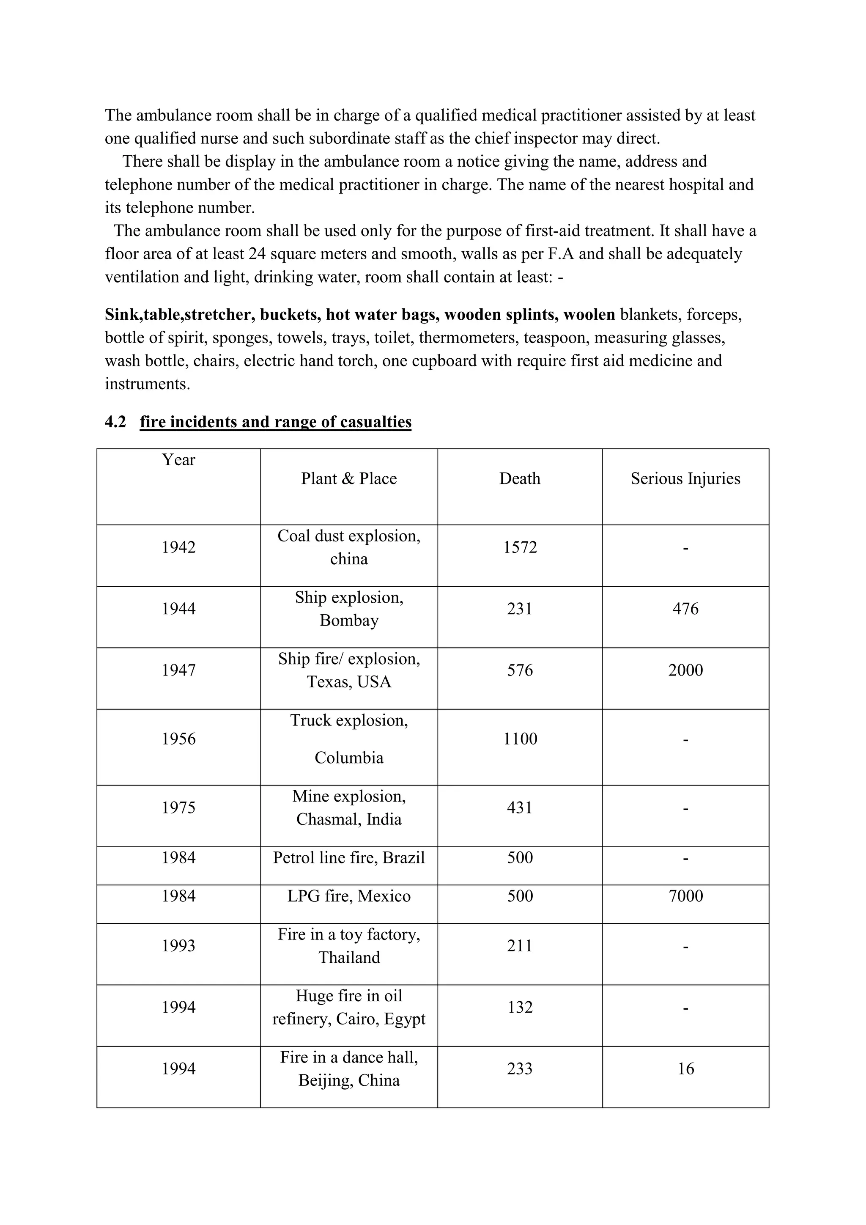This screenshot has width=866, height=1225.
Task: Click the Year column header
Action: click(x=178, y=460)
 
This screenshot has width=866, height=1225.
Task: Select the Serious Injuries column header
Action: click(x=685, y=478)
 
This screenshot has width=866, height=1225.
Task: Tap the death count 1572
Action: click(x=520, y=547)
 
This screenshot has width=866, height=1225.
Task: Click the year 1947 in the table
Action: click(x=178, y=670)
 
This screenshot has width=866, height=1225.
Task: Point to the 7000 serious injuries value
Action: click(x=685, y=896)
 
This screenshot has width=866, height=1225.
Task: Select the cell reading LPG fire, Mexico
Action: click(x=349, y=896)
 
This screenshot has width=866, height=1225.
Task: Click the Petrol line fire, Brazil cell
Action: click(x=349, y=857)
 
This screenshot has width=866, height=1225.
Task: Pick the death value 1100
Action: click(x=520, y=739)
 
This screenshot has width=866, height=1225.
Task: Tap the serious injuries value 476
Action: click(x=685, y=609)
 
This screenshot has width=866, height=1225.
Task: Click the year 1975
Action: click(x=178, y=808)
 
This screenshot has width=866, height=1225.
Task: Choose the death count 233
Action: click(x=520, y=1068)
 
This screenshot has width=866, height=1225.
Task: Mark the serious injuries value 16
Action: click(x=685, y=1068)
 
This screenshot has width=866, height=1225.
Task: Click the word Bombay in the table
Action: click(x=349, y=621)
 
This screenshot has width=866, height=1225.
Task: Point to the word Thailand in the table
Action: click(x=349, y=958)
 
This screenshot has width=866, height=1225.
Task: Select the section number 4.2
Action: click(x=115, y=422)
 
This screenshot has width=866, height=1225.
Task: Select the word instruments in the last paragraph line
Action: click(x=147, y=384)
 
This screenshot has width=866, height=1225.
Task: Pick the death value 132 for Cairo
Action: click(x=520, y=1007)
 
